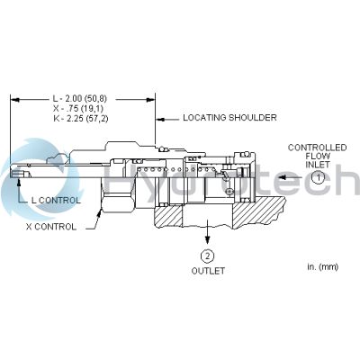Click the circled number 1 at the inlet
(x=318, y=177)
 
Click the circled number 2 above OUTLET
(x=207, y=256)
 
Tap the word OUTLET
(x=208, y=271)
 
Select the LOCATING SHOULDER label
(x=229, y=118)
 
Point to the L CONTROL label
(x=56, y=201)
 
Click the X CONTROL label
(x=51, y=227)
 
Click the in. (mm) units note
(x=322, y=266)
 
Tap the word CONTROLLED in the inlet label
(x=317, y=148)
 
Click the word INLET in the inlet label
(x=318, y=165)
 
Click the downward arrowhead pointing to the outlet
(x=207, y=239)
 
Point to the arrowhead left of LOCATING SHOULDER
(x=160, y=120)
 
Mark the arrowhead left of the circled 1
(x=283, y=177)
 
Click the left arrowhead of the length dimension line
(x=14, y=99)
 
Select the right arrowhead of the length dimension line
(x=150, y=99)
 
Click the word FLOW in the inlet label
(x=318, y=156)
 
